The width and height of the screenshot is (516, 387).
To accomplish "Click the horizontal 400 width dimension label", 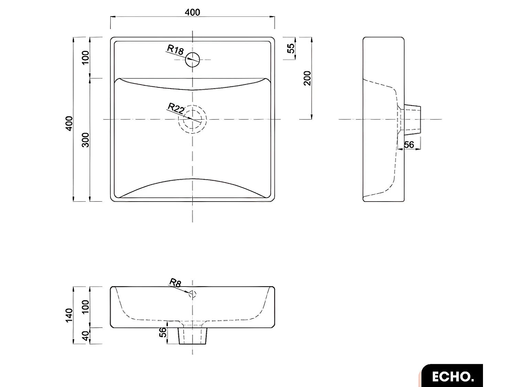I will click(x=192, y=12).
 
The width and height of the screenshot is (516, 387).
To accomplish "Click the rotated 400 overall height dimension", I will click(x=69, y=123).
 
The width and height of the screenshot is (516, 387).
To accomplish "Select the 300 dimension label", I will click(x=86, y=140).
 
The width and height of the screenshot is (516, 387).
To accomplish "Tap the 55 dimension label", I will click(x=291, y=49).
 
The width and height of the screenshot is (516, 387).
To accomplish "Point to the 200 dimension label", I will click(x=307, y=78).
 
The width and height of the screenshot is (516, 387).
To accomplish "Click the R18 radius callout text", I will click(x=175, y=50).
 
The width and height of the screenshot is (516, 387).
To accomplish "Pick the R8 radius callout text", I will click(x=175, y=283).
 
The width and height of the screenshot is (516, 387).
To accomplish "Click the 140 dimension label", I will click(x=69, y=315).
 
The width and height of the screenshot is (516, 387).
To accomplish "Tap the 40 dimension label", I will click(x=86, y=336).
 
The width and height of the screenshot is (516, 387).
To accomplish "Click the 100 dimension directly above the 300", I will click(x=86, y=57).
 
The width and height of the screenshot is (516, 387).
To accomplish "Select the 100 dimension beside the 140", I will click(x=86, y=307).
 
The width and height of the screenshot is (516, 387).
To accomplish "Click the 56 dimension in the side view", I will click(x=409, y=145).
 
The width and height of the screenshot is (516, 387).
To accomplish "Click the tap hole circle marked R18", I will click(x=193, y=60).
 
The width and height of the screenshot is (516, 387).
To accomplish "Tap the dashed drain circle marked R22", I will click(x=192, y=119).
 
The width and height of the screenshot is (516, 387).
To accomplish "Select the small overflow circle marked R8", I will click(x=192, y=294).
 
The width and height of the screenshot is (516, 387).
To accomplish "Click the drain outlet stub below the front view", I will click(x=193, y=336).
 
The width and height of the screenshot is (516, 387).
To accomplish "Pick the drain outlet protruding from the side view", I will click(x=412, y=119).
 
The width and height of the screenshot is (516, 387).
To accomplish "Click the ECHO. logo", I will click(x=452, y=376).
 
